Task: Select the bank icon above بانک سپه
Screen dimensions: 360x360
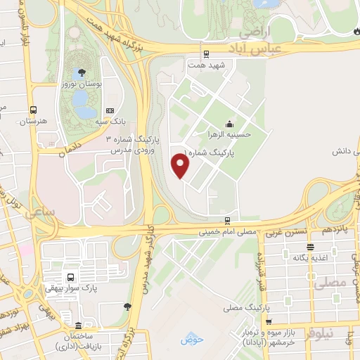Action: (109, 110)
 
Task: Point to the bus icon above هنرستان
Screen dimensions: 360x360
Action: (33, 110)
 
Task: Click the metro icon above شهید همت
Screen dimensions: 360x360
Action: (205, 53)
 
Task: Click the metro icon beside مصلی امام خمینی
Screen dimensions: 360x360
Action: (226, 220)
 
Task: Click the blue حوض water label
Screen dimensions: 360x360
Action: (191, 340)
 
